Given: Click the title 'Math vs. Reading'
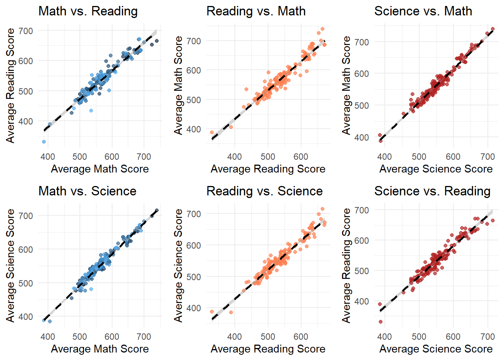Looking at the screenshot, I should point(88,11).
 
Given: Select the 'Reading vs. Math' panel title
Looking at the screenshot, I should point(256,11).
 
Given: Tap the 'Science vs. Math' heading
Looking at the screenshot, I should point(423,11).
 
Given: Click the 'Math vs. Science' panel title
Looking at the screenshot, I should point(87,191).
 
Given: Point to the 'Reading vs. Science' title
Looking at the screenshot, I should point(264,191).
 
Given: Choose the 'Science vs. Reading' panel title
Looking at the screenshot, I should point(432,191).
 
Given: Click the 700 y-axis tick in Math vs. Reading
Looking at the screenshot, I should point(25,31).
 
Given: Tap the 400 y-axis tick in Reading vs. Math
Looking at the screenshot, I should point(193,129).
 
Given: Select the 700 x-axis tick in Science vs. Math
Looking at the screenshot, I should point(487,157).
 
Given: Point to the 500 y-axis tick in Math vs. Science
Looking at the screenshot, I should point(25,283).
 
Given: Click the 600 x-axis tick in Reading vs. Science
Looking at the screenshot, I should point(301,337).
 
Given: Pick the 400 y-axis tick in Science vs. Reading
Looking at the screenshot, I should point(361,301).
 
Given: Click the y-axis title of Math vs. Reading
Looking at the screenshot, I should point(10,85).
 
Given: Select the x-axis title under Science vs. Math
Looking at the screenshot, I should point(436,169).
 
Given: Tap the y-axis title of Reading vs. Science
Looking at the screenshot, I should point(178,265).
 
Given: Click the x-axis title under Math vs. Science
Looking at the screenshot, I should point(100,349).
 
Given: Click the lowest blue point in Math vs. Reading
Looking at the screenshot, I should point(44,142).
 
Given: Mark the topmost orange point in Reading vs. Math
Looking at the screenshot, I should point(322,29).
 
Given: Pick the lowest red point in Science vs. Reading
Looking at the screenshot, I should point(381,322).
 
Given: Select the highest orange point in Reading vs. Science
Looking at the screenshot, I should point(322,209).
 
